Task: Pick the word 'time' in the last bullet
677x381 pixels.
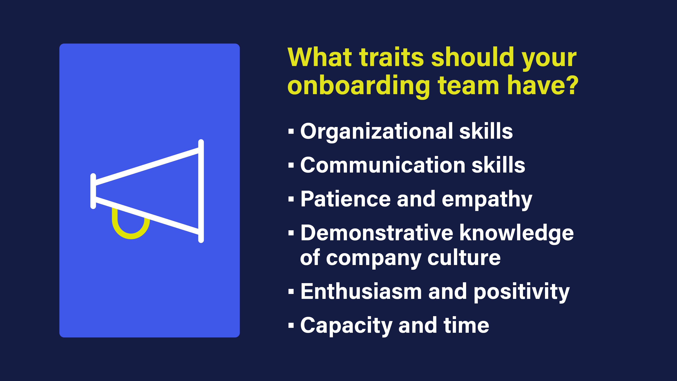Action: click(x=466, y=325)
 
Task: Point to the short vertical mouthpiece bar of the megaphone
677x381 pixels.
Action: click(x=93, y=191)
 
